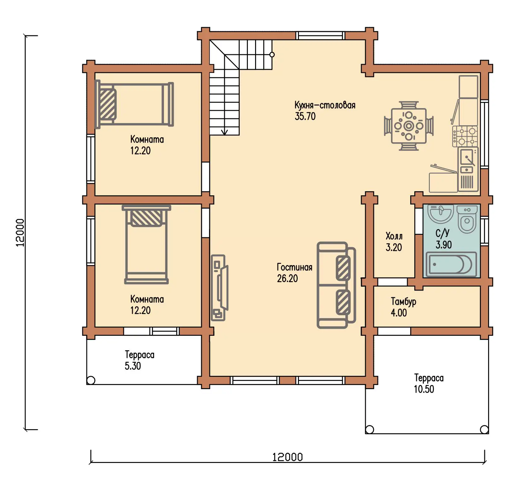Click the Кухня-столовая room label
pos(325,105)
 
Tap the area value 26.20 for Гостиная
pos(287,278)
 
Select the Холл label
pos(394,236)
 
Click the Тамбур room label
pos(403,302)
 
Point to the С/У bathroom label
pos(442,233)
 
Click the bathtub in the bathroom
pos(451,264)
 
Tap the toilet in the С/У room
pos(467,219)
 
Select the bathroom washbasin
pos(440,214)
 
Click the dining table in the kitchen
pos(409,126)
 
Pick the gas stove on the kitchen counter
pos(465,136)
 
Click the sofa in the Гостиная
pos(336,285)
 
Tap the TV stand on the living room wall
pos(219,288)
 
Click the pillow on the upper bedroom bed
pos(107,104)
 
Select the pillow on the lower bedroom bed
pos(146,218)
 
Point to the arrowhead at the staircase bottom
pos(225,132)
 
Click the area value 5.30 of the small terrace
pos(133,366)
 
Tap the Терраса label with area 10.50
pos(429,378)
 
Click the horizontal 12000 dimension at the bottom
pos(287,457)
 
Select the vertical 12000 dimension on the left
pos(20,233)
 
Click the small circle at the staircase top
pos(272,55)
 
